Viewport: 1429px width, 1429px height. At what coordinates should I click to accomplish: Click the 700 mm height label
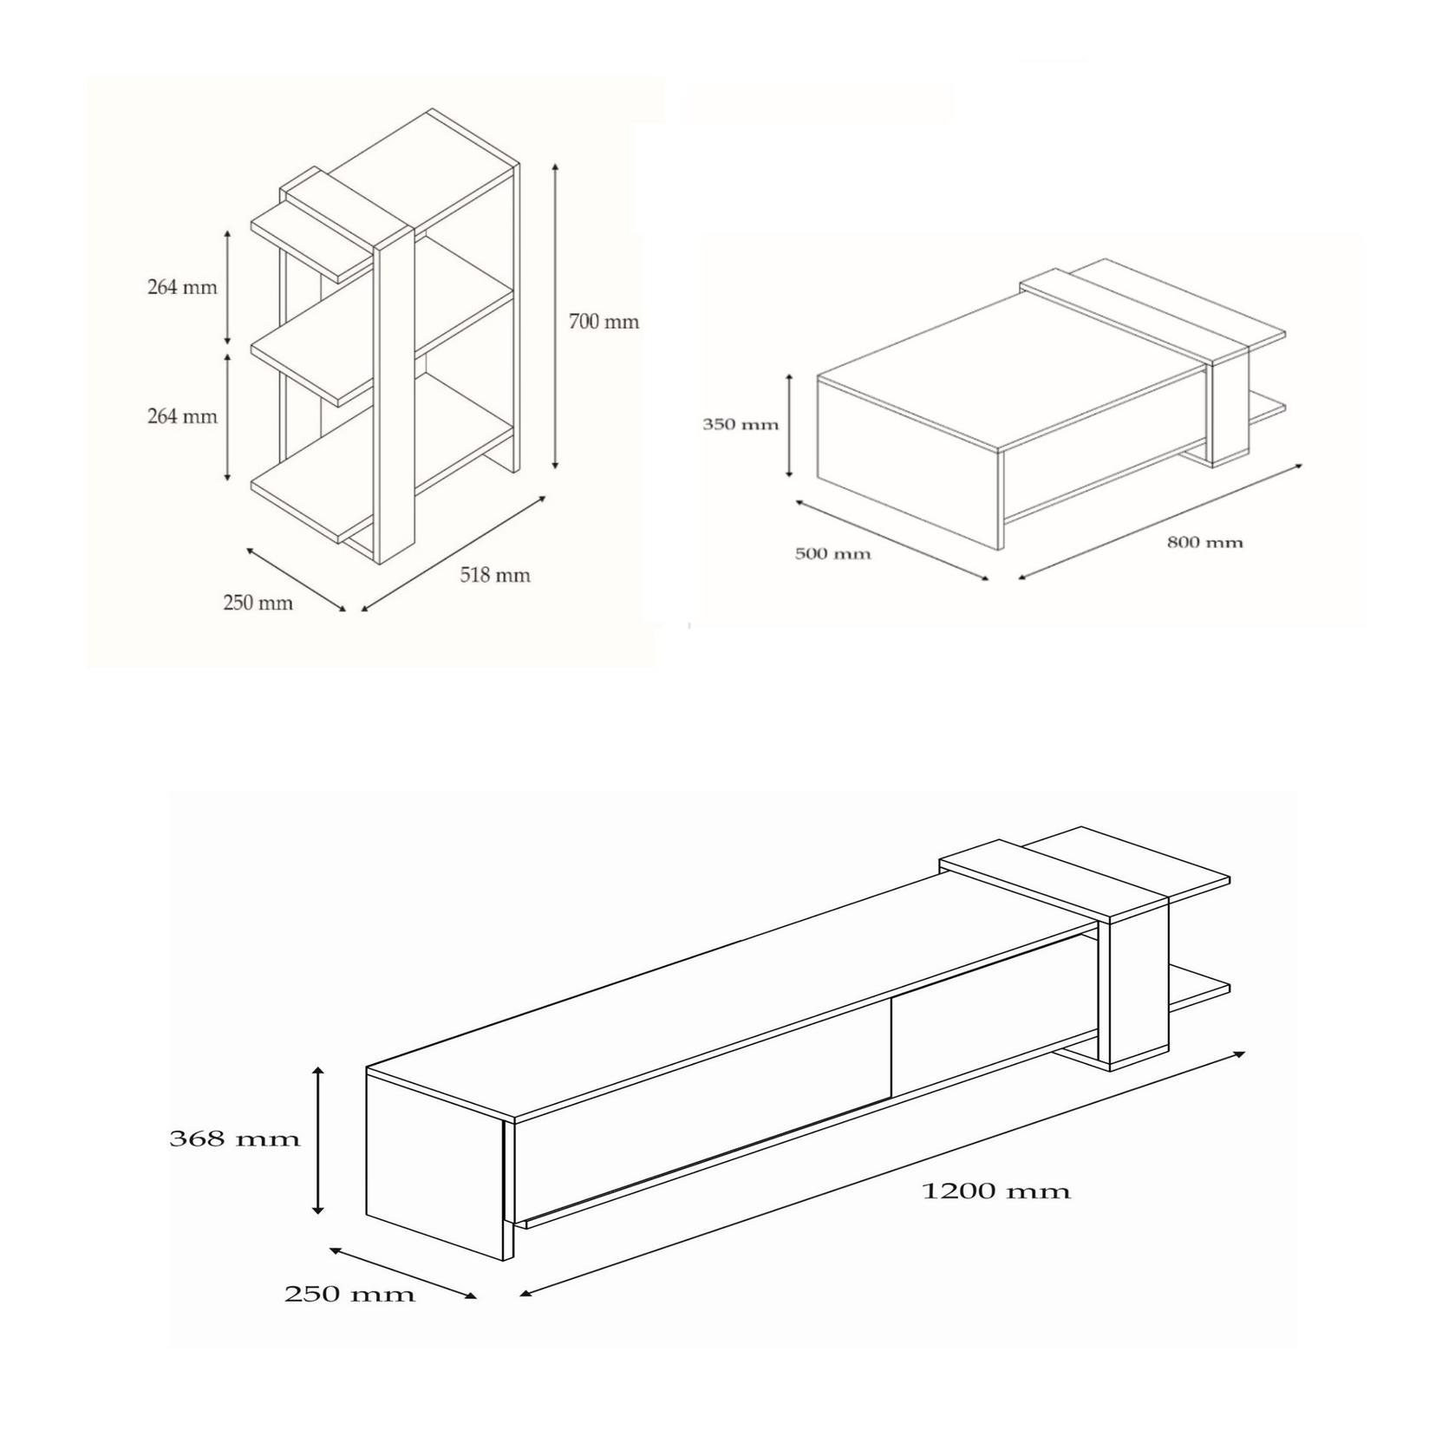coord(604,322)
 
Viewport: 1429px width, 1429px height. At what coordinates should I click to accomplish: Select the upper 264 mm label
coord(182,287)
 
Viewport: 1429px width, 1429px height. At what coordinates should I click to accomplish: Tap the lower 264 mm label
coord(182,416)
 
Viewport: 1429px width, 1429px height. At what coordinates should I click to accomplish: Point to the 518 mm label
coord(495,575)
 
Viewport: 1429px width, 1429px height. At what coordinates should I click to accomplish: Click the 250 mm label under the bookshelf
coord(258,603)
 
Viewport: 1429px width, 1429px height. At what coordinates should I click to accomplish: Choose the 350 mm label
coord(741,425)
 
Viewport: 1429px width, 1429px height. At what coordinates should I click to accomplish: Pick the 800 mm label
coord(1204,543)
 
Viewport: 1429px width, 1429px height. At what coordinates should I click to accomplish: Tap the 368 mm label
coord(235,1139)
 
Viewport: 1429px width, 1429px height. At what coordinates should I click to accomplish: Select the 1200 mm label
coord(995,1191)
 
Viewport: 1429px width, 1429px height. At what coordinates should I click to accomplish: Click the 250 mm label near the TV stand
coord(349,1295)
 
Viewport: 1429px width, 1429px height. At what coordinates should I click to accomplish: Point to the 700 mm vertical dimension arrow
coord(555,316)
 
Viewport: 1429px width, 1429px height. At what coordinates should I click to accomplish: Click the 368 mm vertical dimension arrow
coord(319,1140)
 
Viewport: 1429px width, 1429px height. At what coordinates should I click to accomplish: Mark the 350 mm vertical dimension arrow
coord(789,425)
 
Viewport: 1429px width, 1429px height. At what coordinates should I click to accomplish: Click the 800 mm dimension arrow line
coord(1160,521)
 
